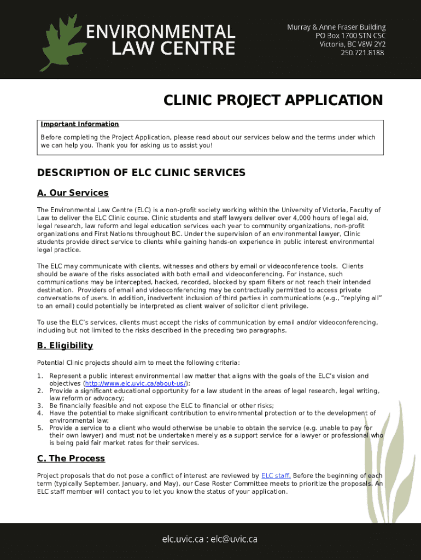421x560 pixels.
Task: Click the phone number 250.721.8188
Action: coord(362,53)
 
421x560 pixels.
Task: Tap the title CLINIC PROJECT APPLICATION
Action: coord(273,101)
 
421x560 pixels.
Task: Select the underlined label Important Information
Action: coord(80,124)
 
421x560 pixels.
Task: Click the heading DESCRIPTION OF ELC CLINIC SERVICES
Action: coord(141,173)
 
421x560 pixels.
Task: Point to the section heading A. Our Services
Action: coord(73,192)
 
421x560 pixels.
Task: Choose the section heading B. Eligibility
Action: coord(65,346)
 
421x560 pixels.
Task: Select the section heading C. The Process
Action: coord(71,458)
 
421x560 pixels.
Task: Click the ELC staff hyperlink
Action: coord(276,476)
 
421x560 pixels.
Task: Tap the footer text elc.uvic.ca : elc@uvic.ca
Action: coord(210,539)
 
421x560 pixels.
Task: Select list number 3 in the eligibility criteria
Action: coord(40,406)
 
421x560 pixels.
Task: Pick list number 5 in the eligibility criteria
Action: coord(40,428)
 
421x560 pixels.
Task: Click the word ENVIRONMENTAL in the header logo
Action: coord(161,31)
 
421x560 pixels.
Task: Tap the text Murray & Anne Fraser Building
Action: coord(337,27)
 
